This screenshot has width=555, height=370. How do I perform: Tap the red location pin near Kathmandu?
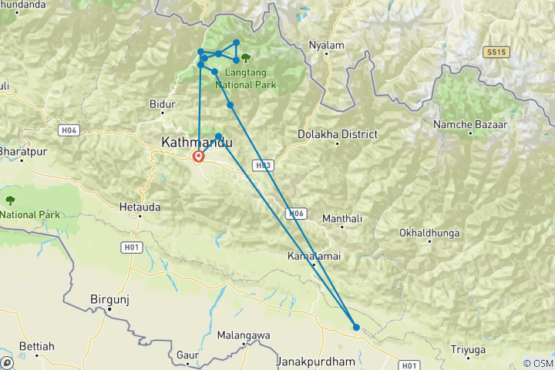point(198,156)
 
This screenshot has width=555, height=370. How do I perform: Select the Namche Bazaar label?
point(470,124)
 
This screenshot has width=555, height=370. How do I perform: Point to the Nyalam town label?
point(326,45)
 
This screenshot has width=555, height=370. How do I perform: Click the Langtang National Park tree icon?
point(246,57)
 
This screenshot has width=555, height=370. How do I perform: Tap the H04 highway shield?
point(69,130)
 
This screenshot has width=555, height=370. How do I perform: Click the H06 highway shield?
point(298,214)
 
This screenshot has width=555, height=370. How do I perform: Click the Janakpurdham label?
point(318,361)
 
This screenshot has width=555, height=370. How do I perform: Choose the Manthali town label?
point(342,219)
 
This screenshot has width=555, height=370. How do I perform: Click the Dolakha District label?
point(338,134)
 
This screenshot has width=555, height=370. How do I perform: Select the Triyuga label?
point(469,349)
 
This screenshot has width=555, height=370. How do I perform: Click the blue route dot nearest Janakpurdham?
point(356,328)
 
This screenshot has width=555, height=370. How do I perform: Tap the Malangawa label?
point(243,335)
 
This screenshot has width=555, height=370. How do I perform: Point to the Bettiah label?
point(36,347)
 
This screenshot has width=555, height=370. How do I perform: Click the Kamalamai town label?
point(314,255)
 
